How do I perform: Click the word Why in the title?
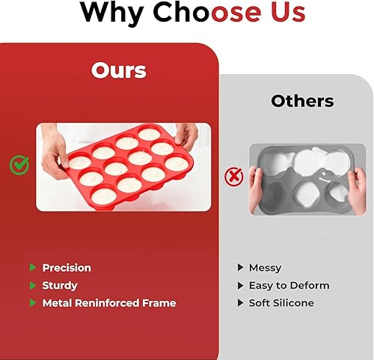112,13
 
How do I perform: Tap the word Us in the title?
288,11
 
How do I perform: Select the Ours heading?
118,70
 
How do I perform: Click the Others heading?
302,101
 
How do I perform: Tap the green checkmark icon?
19,165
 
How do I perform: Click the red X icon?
233,177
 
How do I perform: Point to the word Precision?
67,268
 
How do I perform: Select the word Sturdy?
60,286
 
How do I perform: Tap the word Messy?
265,268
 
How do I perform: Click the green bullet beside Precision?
33,267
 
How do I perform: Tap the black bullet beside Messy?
240,267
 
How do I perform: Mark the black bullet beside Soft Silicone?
240,303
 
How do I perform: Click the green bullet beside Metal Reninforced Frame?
33,303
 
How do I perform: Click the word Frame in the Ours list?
159,303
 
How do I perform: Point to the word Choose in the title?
207,11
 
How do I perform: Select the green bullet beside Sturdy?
33,285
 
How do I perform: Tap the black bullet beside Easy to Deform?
240,285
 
